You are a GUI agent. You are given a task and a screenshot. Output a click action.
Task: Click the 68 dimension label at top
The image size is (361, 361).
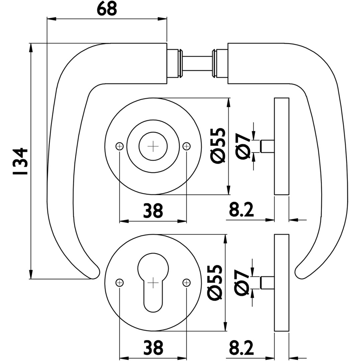click(107, 9)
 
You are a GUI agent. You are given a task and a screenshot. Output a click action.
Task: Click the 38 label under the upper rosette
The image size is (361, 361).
click(153, 211)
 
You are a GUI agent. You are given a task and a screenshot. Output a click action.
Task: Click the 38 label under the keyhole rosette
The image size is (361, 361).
click(153, 348)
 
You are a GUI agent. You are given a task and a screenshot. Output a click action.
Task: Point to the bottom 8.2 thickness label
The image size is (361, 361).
click(241, 348)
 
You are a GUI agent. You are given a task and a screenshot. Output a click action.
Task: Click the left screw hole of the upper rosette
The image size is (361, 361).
click(120, 146)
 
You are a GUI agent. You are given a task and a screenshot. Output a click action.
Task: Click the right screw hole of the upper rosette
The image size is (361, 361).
click(187, 146)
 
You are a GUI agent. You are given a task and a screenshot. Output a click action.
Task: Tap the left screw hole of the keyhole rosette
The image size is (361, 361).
click(120, 282)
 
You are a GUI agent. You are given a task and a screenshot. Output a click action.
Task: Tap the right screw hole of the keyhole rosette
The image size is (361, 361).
click(187, 282)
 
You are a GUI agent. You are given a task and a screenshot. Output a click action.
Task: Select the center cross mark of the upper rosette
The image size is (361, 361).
click(153, 146)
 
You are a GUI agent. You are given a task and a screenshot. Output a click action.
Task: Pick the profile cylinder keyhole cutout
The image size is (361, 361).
click(153, 281)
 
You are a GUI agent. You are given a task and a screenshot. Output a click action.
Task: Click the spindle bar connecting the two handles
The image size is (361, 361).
click(197, 64)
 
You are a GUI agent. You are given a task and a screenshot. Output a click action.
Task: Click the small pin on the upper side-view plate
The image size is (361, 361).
click(267, 146)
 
